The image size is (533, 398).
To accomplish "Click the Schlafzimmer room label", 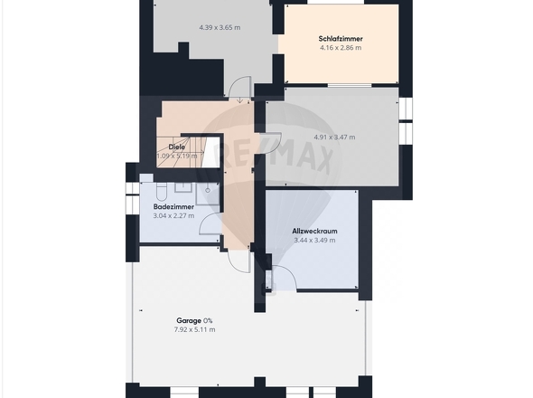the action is click(x=341, y=39).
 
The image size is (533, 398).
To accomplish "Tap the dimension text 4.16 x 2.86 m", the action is click(x=341, y=48).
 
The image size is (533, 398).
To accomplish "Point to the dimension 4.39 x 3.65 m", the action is click(x=220, y=27).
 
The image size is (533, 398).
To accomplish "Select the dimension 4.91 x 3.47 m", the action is click(x=334, y=137).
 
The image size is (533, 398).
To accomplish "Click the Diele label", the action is click(x=177, y=147).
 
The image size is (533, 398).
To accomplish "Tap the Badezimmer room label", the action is click(x=173, y=206).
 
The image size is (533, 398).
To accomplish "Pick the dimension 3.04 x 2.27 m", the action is click(x=173, y=215).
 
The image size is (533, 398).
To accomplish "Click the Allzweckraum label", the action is click(x=314, y=232).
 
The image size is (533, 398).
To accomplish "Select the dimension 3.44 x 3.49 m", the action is click(x=314, y=240).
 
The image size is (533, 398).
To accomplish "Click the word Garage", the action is click(x=189, y=321).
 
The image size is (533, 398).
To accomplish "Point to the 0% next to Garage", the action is click(x=208, y=321).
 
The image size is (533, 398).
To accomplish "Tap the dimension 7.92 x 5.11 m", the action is click(x=194, y=329).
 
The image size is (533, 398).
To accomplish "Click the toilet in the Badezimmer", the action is click(x=161, y=192).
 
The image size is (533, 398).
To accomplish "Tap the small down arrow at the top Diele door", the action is click(x=239, y=99).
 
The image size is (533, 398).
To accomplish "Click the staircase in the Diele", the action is click(x=180, y=151).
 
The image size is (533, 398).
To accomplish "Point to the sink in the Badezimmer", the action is click(x=183, y=187).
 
